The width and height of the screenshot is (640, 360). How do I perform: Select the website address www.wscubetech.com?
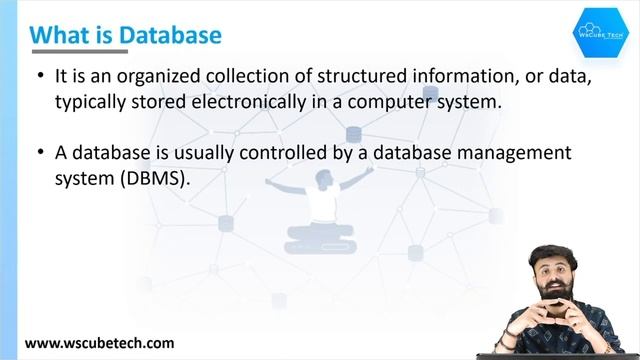click(100, 342)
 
